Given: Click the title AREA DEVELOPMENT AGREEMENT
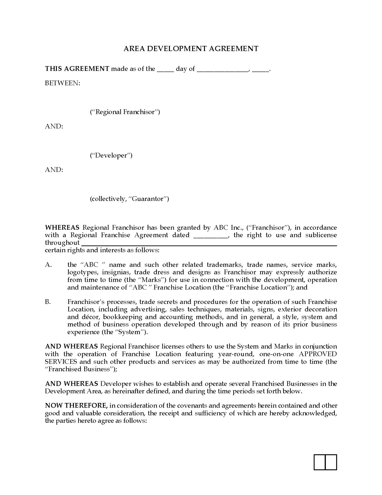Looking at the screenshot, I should click(191, 49).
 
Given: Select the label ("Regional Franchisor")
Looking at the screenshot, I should click(125, 112).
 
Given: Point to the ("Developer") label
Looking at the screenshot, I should click(111, 155).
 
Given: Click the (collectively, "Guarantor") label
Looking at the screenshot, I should click(129, 199).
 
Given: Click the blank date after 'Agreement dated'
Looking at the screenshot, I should click(210, 236).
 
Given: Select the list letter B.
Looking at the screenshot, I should click(48, 302).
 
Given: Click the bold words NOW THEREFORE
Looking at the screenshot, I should click(76, 406).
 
